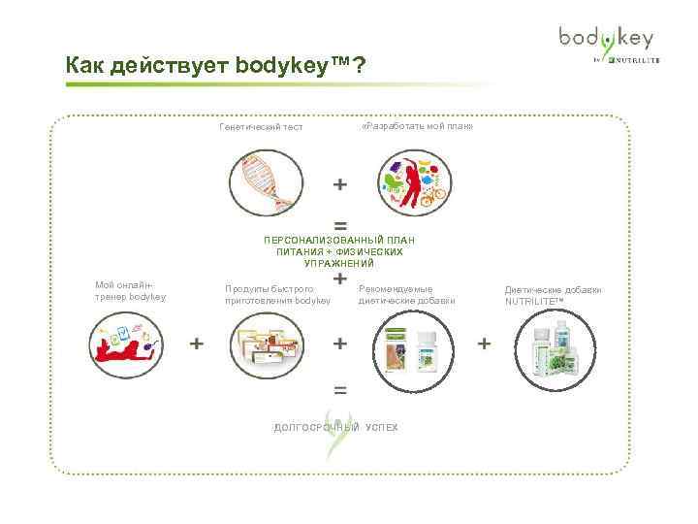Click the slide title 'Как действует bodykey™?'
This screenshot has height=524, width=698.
[x=215, y=66]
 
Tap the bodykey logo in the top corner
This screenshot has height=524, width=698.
[x=605, y=44]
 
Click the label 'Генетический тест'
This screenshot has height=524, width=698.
[x=261, y=127]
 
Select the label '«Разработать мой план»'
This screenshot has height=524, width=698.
[x=416, y=126]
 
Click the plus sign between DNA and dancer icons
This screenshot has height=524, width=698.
[x=340, y=183]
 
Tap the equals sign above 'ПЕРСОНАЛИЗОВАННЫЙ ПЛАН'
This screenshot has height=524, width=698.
[x=340, y=223]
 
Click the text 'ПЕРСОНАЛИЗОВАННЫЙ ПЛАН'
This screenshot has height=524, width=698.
[x=339, y=240]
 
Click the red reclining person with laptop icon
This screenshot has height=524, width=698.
[x=127, y=344]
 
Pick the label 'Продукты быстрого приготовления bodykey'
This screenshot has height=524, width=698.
[x=277, y=294]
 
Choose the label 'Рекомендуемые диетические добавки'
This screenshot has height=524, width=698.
[x=406, y=294]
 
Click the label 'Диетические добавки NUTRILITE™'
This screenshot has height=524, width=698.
[x=553, y=295]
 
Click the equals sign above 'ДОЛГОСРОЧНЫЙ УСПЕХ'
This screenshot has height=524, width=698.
[x=340, y=390]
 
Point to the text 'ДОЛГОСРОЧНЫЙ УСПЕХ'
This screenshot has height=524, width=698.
[x=335, y=428]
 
